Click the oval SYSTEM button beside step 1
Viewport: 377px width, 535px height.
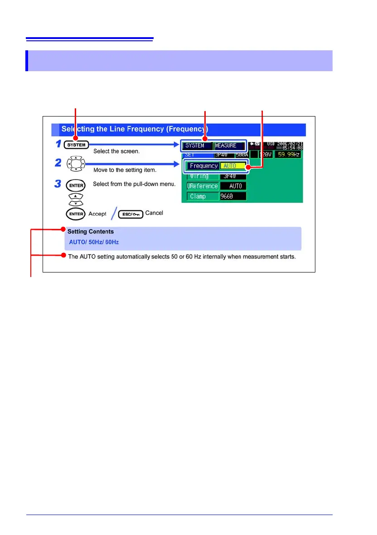[75, 146]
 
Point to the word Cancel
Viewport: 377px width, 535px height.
[154, 213]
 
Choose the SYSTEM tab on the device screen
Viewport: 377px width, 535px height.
[195, 146]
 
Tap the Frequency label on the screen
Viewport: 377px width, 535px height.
[203, 166]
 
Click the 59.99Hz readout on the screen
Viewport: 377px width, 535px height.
[288, 155]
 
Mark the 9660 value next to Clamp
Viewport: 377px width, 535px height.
[233, 196]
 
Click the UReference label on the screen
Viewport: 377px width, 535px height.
[202, 186]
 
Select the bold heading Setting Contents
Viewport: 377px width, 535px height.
[91, 232]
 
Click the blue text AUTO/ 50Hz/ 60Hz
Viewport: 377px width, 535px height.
[94, 242]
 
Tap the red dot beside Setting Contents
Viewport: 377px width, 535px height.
[63, 230]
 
